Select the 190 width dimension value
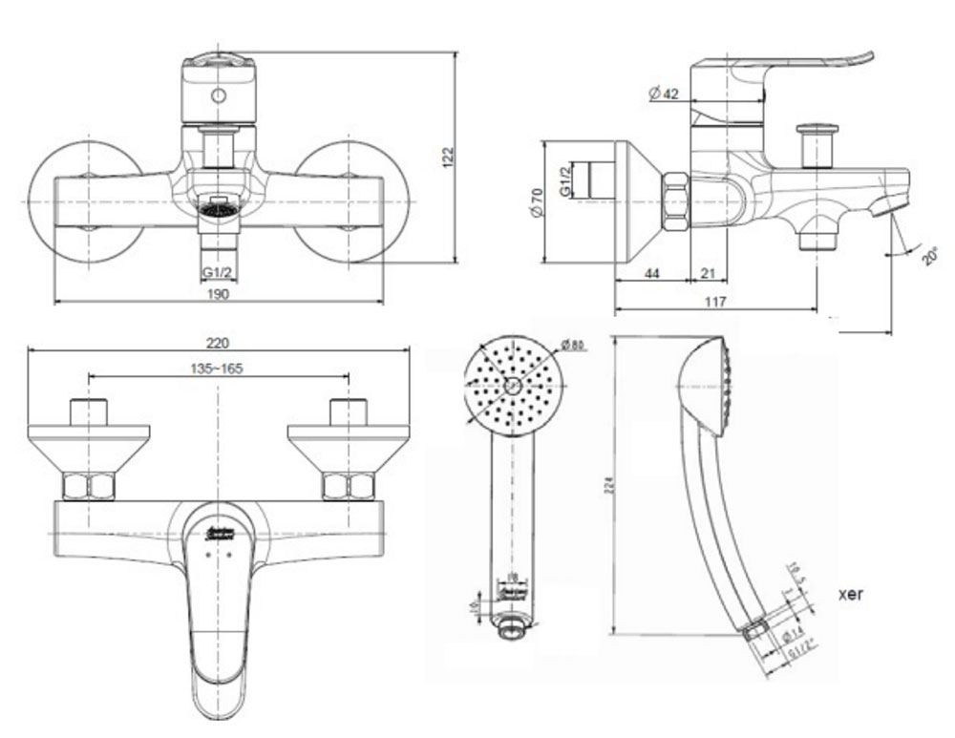[x=218, y=294]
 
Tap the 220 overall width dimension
[x=219, y=343]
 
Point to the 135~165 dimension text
[x=219, y=369]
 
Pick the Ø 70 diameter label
[x=537, y=201]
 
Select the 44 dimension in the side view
[x=652, y=274]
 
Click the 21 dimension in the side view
[x=708, y=274]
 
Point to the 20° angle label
[x=931, y=256]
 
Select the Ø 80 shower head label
[x=573, y=345]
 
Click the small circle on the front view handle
[x=219, y=95]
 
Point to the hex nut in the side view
[x=675, y=201]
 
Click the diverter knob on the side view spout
[x=817, y=142]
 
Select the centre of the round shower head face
[x=513, y=386]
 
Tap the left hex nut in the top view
[x=89, y=486]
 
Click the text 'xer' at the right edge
[x=851, y=594]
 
